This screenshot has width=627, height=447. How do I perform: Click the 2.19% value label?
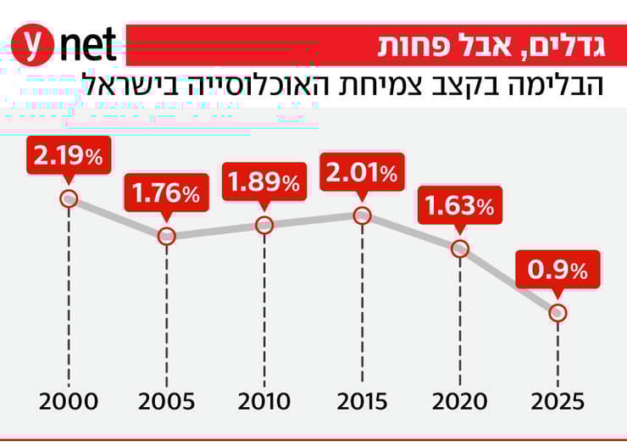(69, 155)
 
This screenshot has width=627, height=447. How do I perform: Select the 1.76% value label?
(166, 193)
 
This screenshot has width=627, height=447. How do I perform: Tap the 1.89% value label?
(264, 182)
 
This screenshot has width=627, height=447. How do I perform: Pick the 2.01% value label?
(362, 174)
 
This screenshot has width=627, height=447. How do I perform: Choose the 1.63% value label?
(460, 205)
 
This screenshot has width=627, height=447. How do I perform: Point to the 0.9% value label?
(558, 270)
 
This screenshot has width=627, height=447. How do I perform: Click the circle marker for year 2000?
(69, 198)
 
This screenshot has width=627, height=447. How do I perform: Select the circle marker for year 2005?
(167, 235)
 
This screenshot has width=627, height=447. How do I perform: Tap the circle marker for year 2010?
(264, 225)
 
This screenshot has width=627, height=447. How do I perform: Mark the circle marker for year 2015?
(362, 215)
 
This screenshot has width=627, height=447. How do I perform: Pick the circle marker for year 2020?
(460, 248)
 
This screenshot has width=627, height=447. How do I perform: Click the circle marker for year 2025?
(558, 312)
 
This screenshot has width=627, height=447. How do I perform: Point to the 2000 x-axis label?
(69, 401)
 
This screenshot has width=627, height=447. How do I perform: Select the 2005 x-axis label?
(166, 401)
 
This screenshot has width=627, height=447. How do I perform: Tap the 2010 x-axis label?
(264, 401)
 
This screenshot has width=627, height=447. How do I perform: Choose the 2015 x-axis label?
(362, 401)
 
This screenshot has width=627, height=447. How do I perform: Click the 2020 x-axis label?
(460, 401)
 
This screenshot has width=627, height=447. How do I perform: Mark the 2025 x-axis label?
(558, 401)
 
